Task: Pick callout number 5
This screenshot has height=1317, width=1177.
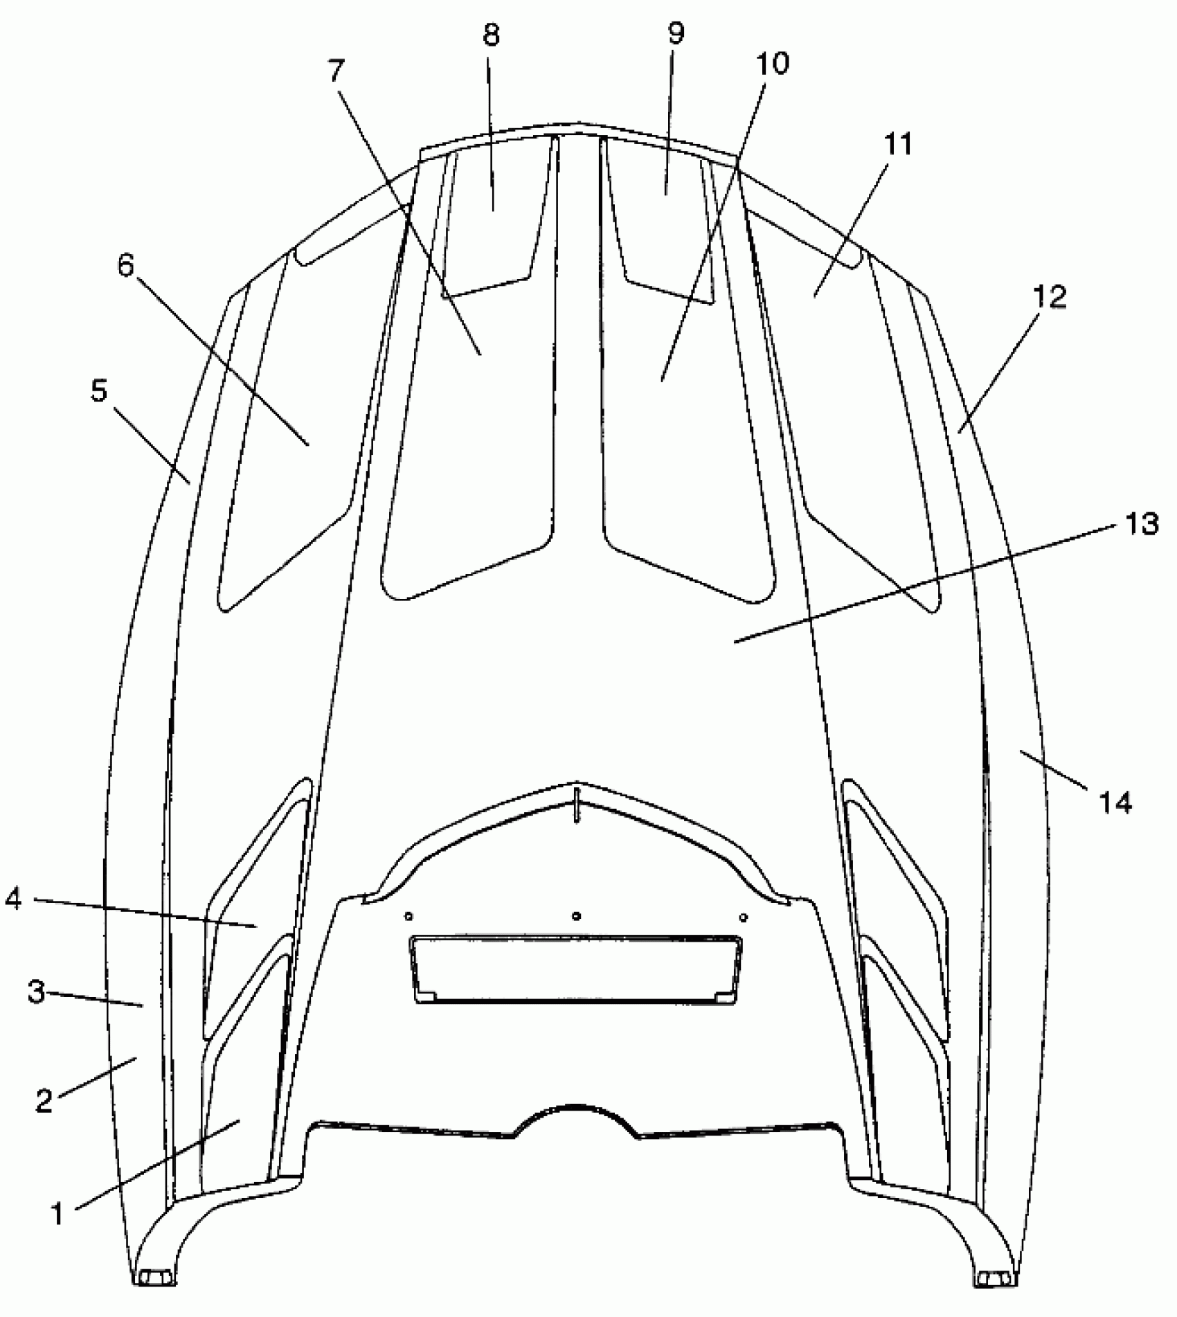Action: click(100, 392)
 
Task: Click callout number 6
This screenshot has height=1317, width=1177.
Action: click(125, 265)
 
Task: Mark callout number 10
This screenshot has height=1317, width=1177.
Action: click(773, 64)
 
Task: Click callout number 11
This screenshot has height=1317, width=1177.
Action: click(898, 144)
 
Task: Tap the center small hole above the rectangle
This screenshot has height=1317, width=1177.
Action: click(577, 916)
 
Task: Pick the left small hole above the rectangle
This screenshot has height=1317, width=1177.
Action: click(408, 916)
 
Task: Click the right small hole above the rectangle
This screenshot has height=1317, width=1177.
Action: click(744, 917)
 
